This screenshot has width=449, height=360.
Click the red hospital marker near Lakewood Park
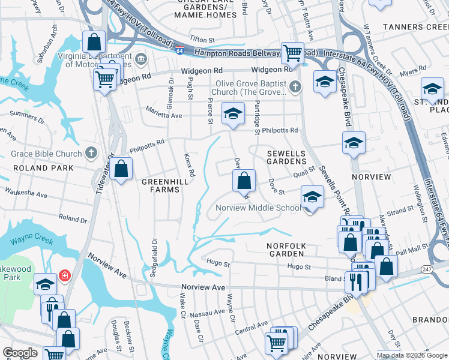tap(64, 277)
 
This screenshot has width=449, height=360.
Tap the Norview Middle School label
tap(258, 208)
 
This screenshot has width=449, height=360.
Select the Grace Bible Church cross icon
tap(91, 154)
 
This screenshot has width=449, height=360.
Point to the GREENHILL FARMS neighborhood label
tap(160, 185)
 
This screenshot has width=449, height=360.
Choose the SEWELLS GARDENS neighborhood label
tap(286, 158)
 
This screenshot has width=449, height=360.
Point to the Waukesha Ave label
tap(26, 195)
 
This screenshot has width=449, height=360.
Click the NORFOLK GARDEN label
tap(286, 251)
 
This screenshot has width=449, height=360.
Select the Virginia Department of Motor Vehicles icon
tap(141, 58)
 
